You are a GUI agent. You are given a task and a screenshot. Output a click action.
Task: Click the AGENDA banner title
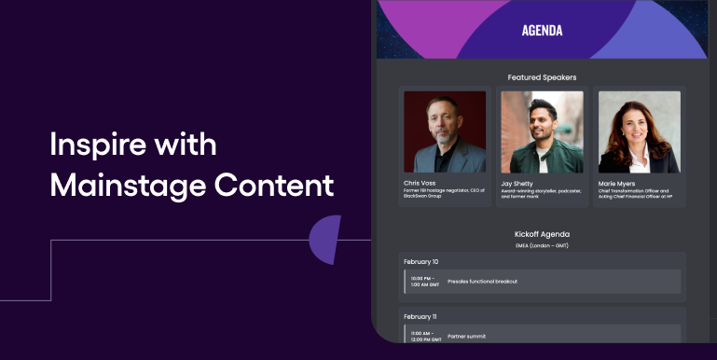coord(542,30)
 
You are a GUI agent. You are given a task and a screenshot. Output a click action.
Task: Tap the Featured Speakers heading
coord(542,77)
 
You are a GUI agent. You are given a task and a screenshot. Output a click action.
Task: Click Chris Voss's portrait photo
coord(445,132)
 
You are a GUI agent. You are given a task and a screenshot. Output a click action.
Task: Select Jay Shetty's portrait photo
coord(542,132)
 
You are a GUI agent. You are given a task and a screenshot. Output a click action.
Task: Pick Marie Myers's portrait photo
coord(639,132)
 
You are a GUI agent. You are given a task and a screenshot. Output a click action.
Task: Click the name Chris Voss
coord(420,183)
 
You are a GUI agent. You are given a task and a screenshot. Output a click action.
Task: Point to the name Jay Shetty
coord(519,183)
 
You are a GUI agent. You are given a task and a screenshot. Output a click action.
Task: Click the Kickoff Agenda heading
coord(542,234)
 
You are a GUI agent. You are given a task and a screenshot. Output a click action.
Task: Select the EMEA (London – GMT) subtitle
coord(542,245)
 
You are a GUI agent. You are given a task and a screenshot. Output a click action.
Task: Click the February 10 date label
coord(421,262)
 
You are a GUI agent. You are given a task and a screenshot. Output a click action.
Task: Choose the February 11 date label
coord(421,317)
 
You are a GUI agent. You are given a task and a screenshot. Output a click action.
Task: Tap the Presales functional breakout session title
coord(482,282)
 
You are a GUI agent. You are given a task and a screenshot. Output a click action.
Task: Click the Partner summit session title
coord(466,336)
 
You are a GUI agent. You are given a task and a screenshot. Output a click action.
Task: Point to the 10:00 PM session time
coord(424,282)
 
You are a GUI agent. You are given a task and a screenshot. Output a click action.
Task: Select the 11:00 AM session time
coord(424,336)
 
